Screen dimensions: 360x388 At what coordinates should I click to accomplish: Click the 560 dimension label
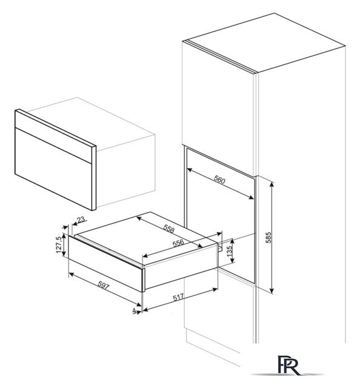pos(219,181)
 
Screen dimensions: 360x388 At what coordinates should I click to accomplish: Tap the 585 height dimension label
pos(268,238)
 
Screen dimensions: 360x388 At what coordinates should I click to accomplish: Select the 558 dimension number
pos(169,229)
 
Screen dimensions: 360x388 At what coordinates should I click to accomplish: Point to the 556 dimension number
pos(178,243)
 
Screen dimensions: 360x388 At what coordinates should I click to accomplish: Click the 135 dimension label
pos(229,251)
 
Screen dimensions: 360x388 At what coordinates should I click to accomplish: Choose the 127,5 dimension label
pos(59,245)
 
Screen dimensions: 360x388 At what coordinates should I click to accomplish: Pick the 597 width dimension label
pos(103,286)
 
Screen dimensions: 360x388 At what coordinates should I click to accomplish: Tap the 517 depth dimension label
pos(178,297)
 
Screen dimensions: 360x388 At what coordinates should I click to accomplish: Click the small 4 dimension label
pos(135,310)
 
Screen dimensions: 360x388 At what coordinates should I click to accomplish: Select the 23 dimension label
pos(81,219)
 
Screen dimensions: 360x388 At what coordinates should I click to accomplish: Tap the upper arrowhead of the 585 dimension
pos(272,184)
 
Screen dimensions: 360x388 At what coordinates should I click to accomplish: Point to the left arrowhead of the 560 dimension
pos(190,170)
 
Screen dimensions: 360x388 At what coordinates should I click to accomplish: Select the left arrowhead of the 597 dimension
pos(71,274)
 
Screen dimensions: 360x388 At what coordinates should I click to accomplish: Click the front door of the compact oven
pos(53,160)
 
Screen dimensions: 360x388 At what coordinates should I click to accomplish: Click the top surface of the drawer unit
pos(147,238)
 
